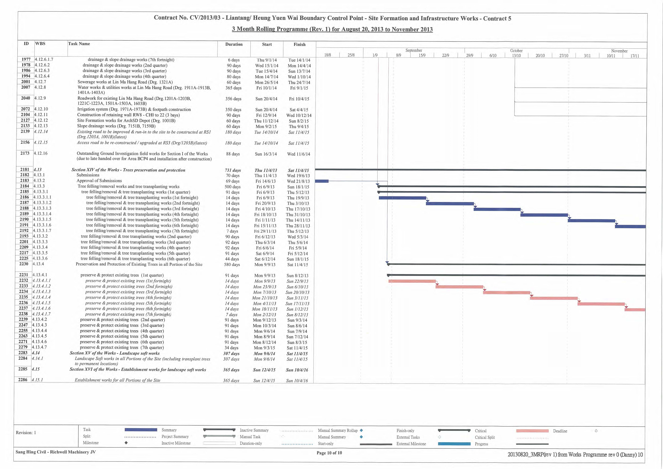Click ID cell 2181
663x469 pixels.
tap(25, 170)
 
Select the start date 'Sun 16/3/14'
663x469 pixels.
tap(266, 154)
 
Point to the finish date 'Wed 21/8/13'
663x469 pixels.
tap(298, 181)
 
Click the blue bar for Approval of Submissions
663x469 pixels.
tap(322, 181)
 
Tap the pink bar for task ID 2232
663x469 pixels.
tap(412, 281)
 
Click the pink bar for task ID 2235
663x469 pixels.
tap(554, 298)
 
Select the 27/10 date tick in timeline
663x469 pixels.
tap(564, 55)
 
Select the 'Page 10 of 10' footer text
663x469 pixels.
tap(329, 453)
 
